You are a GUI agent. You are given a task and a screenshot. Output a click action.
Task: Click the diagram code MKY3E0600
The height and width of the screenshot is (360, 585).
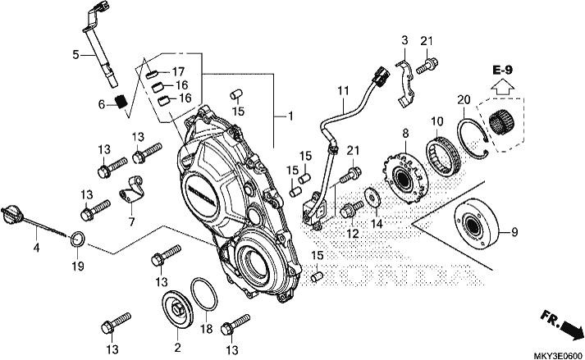(x=559, y=355)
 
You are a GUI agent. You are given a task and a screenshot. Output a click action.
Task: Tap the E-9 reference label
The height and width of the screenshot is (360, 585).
(x=503, y=70)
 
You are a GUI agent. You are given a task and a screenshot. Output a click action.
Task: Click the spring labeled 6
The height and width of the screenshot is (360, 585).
(x=121, y=102)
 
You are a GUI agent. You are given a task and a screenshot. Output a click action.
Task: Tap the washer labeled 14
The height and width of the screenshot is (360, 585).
(x=372, y=196)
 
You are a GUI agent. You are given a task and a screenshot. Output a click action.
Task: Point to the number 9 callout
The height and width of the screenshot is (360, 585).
(x=514, y=232)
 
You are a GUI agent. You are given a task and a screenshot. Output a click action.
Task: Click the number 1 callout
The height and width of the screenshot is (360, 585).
(x=290, y=116)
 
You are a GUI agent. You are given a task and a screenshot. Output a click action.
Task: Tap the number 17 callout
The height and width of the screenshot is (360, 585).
(x=178, y=71)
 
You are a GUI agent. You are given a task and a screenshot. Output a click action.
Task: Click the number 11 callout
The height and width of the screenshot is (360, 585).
(x=343, y=91)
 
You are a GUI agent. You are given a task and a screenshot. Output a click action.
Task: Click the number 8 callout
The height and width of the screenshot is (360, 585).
(x=405, y=133)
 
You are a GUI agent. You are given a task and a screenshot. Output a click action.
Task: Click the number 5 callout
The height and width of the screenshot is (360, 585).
(x=75, y=55)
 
